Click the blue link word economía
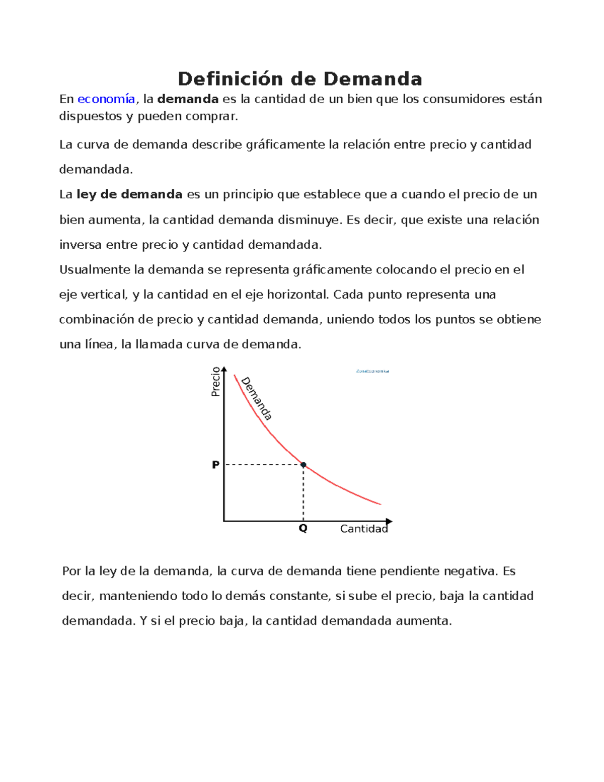pos(106,99)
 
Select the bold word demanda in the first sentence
pos(188,99)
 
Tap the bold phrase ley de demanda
pos(129,194)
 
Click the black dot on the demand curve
pos(304,465)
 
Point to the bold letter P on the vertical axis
pos(215,465)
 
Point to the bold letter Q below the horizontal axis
pos(303,529)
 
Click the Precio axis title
pos(216,382)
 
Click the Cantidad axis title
pos(363,529)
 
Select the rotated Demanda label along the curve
pos(257,399)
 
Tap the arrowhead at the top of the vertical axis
pos(224,369)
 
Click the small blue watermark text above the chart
pos(372,371)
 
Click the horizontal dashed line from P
pos(262,465)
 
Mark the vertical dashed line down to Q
pos(304,493)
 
